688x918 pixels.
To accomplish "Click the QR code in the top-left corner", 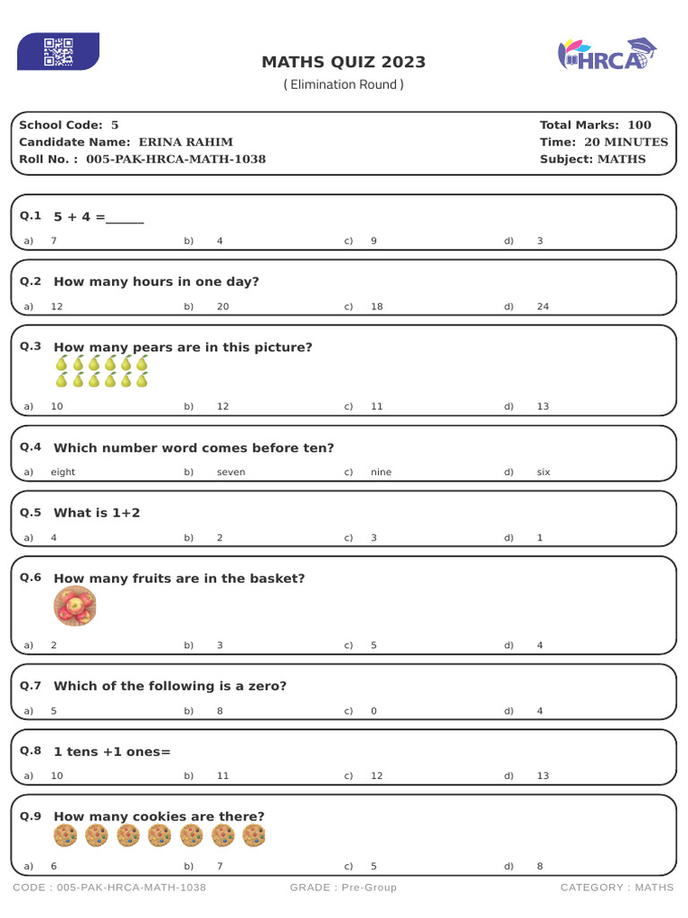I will pyautogui.click(x=58, y=51).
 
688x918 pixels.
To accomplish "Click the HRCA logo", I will pyautogui.click(x=607, y=55).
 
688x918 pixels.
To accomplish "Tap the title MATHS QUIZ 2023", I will pyautogui.click(x=343, y=62).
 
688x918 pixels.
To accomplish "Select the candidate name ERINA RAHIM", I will pyautogui.click(x=185, y=142).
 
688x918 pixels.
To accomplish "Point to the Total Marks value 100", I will pyautogui.click(x=639, y=125).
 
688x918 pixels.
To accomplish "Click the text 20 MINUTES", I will pyautogui.click(x=625, y=142).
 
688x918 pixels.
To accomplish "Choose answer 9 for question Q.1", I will pyautogui.click(x=374, y=241).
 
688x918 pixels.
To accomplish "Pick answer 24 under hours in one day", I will pyautogui.click(x=543, y=307).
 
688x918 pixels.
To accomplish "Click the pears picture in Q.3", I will pyautogui.click(x=101, y=371).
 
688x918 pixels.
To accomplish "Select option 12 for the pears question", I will pyautogui.click(x=223, y=406).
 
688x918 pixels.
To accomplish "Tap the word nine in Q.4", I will pyautogui.click(x=381, y=472).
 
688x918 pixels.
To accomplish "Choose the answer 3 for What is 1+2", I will pyautogui.click(x=374, y=538).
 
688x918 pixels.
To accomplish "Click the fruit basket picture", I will pyautogui.click(x=75, y=607).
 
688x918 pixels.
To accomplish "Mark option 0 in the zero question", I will pyautogui.click(x=374, y=711).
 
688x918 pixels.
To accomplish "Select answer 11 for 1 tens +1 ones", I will pyautogui.click(x=223, y=775).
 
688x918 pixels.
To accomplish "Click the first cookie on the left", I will pyautogui.click(x=65, y=836).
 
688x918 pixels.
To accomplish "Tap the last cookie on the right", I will pyautogui.click(x=254, y=836).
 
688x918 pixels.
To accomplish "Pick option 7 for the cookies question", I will pyautogui.click(x=219, y=866).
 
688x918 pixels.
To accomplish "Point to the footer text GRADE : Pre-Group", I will pyautogui.click(x=343, y=888).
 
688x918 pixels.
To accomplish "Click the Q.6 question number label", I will pyautogui.click(x=30, y=577).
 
